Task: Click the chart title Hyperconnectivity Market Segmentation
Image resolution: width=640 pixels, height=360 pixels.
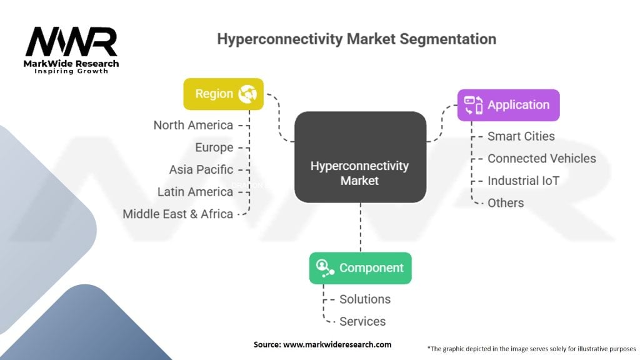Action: (x=356, y=39)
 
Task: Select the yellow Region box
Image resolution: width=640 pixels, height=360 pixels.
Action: (x=223, y=94)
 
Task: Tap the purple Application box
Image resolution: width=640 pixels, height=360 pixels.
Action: (x=508, y=105)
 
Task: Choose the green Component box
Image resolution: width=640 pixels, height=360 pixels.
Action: (x=360, y=268)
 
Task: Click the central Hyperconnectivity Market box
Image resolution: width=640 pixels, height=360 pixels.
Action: (x=360, y=157)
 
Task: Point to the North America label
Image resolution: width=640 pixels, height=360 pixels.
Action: (x=193, y=125)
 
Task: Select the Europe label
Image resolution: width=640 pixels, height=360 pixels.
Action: (x=214, y=147)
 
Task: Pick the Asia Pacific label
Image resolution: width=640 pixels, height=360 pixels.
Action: (x=201, y=169)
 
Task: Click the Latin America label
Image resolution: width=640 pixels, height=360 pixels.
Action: (x=195, y=191)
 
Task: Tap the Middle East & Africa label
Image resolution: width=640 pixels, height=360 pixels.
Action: (x=177, y=214)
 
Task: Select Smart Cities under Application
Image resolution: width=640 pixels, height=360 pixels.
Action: (x=521, y=136)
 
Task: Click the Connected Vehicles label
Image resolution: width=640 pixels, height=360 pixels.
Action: (x=541, y=158)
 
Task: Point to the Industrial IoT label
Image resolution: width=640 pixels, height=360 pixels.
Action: (x=523, y=181)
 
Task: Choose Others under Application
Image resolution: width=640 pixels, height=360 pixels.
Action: (x=506, y=202)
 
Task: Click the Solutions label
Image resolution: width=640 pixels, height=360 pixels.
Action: (x=365, y=299)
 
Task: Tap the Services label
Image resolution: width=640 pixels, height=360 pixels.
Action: (x=362, y=321)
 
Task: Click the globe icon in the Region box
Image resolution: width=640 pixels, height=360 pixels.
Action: (x=248, y=94)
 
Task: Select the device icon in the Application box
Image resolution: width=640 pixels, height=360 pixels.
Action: (x=473, y=105)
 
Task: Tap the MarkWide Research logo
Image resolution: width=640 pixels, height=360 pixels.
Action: (x=71, y=50)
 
